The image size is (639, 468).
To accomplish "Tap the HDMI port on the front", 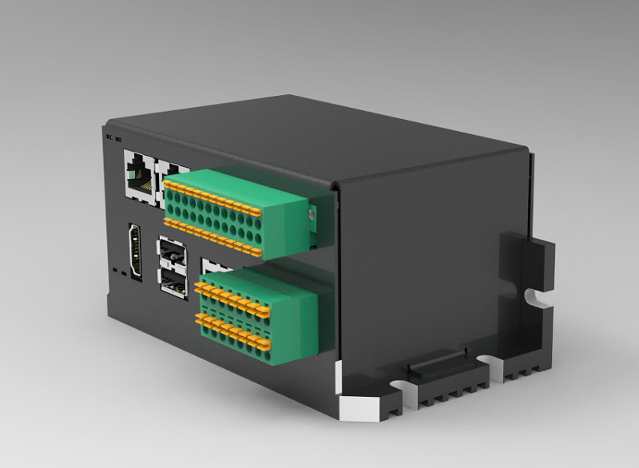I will [136, 252].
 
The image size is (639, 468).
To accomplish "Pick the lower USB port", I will [173, 282].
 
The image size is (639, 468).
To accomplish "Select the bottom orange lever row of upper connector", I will [216, 238].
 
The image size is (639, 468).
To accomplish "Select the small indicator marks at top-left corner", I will [113, 137].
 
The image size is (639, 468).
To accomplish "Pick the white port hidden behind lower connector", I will [209, 266].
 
